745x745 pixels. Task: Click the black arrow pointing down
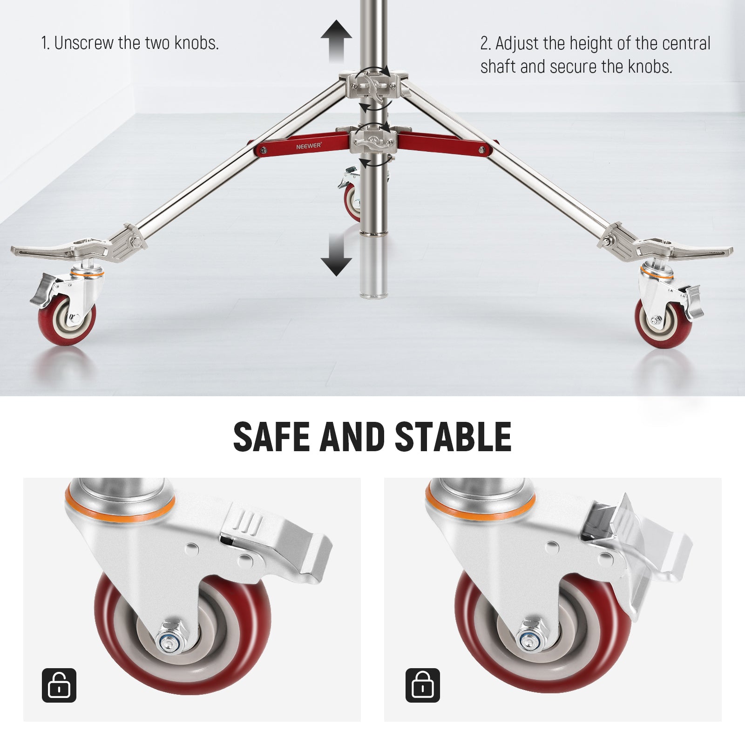(x=336, y=255)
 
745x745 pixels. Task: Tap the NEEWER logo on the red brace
(x=309, y=146)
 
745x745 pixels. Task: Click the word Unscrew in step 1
(x=84, y=43)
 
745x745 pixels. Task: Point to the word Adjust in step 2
(x=517, y=43)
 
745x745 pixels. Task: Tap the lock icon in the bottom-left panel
(x=59, y=685)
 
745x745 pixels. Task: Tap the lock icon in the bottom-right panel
(x=422, y=685)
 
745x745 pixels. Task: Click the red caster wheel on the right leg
(x=663, y=323)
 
